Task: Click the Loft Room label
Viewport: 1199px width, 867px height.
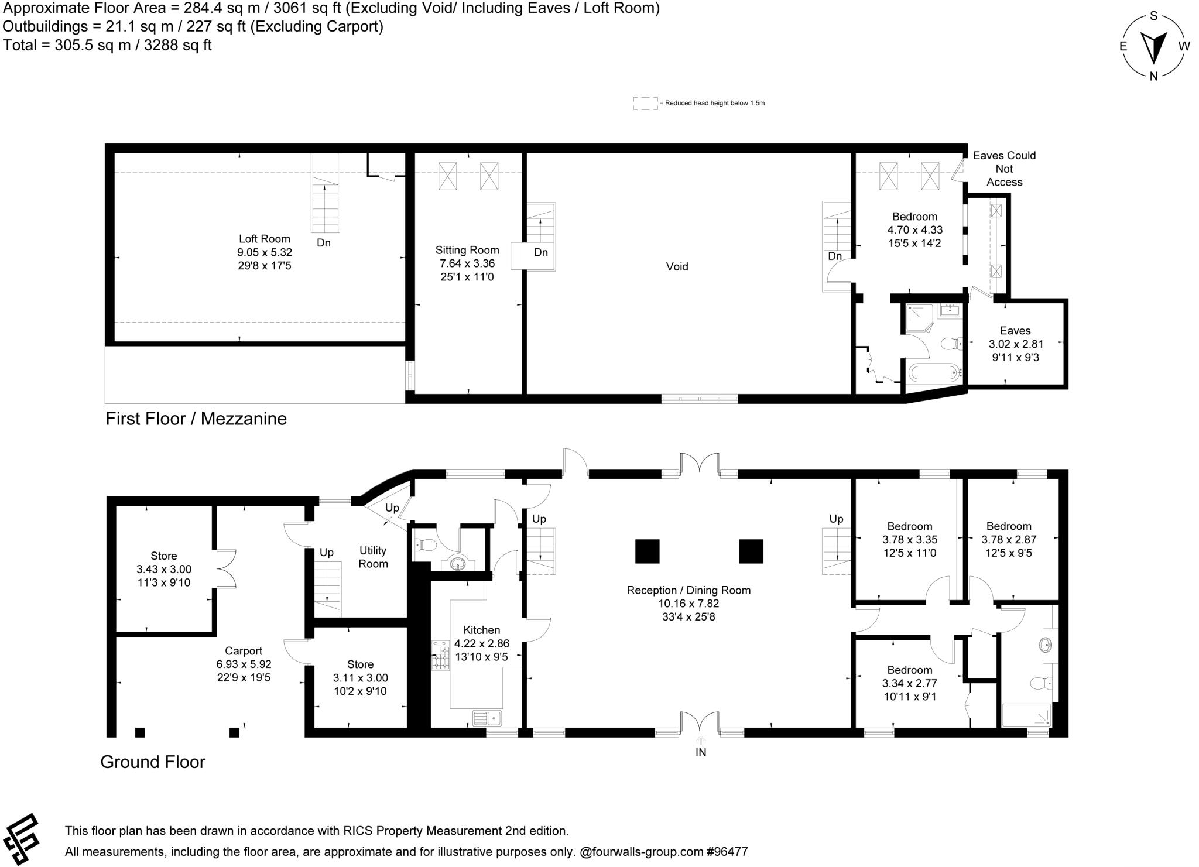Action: tap(264, 239)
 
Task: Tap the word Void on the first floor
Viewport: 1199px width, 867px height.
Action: tap(677, 266)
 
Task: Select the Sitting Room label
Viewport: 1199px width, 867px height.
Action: tap(467, 250)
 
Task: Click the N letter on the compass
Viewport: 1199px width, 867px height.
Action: tap(1153, 76)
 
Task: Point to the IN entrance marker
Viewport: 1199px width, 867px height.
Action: tap(700, 752)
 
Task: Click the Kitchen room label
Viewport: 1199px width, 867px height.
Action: tap(481, 630)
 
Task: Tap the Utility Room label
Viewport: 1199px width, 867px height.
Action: tap(373, 557)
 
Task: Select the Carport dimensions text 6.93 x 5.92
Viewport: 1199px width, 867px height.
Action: tap(244, 664)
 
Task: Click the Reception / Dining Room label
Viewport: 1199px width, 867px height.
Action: tap(688, 590)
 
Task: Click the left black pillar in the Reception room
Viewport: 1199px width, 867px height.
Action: tap(647, 551)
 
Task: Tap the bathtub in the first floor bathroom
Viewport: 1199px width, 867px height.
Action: tap(933, 372)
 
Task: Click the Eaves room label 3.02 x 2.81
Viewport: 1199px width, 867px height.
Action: tap(1015, 344)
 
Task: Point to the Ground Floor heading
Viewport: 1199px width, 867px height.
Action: tap(153, 762)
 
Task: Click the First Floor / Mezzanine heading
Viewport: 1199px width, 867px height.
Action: tap(196, 419)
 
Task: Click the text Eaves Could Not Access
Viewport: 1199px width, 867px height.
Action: tap(1003, 169)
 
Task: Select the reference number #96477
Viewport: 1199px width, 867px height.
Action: tap(727, 851)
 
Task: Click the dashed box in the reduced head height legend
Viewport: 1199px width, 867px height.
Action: tap(645, 103)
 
